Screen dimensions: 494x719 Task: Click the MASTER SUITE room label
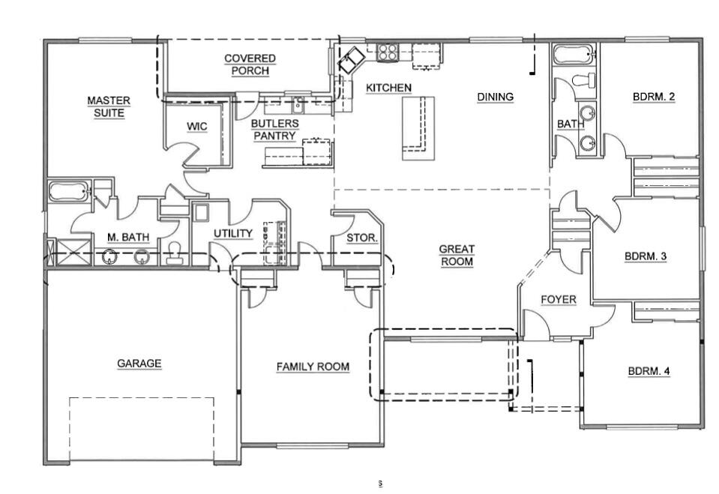click(x=109, y=106)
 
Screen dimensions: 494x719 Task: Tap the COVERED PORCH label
click(x=250, y=64)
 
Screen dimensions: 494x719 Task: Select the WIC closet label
click(x=197, y=127)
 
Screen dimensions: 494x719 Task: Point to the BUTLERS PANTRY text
click(x=274, y=130)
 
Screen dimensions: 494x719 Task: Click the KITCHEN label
click(x=388, y=88)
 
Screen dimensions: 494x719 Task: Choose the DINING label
click(x=495, y=96)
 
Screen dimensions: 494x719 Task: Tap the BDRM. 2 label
click(x=654, y=96)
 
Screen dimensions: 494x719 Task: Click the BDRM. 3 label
click(x=646, y=256)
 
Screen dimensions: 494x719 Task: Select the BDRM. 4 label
click(x=649, y=370)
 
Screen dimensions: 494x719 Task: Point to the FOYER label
click(x=559, y=300)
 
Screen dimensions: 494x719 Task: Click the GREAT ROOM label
click(x=457, y=256)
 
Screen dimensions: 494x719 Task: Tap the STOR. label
click(x=362, y=238)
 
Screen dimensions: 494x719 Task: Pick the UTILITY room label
click(x=233, y=234)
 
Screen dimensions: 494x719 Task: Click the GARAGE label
click(x=139, y=364)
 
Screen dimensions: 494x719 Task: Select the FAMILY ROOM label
click(x=313, y=367)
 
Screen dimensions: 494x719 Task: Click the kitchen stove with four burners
click(x=388, y=52)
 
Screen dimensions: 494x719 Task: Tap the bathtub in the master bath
click(x=69, y=191)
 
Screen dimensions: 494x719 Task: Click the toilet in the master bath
click(x=174, y=253)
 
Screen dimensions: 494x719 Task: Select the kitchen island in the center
click(x=418, y=127)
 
